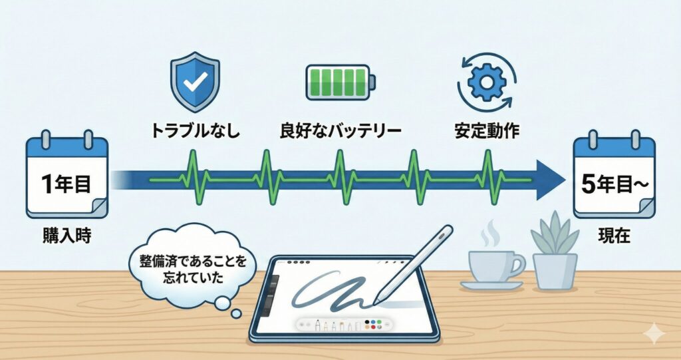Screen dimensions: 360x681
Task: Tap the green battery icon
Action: tap(339, 83)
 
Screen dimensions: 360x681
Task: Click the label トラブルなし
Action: tap(194, 130)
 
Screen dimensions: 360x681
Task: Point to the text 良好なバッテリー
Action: tap(340, 130)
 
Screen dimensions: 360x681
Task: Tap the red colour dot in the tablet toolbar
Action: tap(380, 323)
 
